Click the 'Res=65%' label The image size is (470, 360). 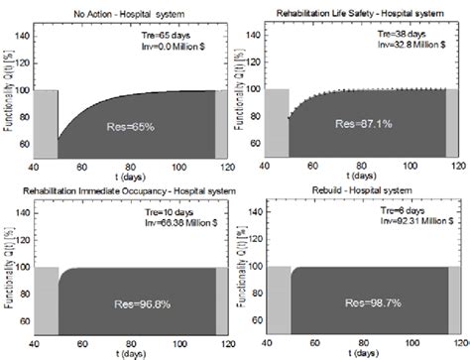pos(130,127)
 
